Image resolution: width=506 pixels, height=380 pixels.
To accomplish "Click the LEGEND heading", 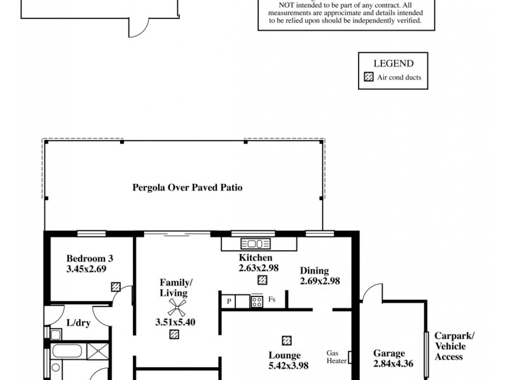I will (x=393, y=63).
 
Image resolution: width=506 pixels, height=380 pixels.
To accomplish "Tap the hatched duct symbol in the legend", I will (x=369, y=79).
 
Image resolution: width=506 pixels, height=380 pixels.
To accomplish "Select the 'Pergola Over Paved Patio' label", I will (x=188, y=187).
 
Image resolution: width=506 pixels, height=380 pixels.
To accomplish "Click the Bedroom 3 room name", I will (x=90, y=258).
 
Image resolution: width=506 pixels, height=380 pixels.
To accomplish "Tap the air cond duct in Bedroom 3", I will (x=116, y=287).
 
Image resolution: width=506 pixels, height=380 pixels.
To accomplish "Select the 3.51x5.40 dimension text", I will (x=175, y=322).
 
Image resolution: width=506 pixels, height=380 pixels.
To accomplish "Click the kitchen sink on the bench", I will (x=255, y=244).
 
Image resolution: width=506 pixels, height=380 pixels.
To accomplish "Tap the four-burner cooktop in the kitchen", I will (x=257, y=301).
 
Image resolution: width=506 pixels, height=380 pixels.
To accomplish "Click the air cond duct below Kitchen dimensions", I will (x=262, y=280).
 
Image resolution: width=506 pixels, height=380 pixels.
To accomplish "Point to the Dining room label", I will (x=314, y=270).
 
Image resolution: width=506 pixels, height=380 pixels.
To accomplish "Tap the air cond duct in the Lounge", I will (x=287, y=340).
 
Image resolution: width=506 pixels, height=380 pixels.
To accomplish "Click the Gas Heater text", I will (x=335, y=357).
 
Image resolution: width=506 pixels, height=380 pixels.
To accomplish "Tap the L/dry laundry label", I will (x=77, y=322).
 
